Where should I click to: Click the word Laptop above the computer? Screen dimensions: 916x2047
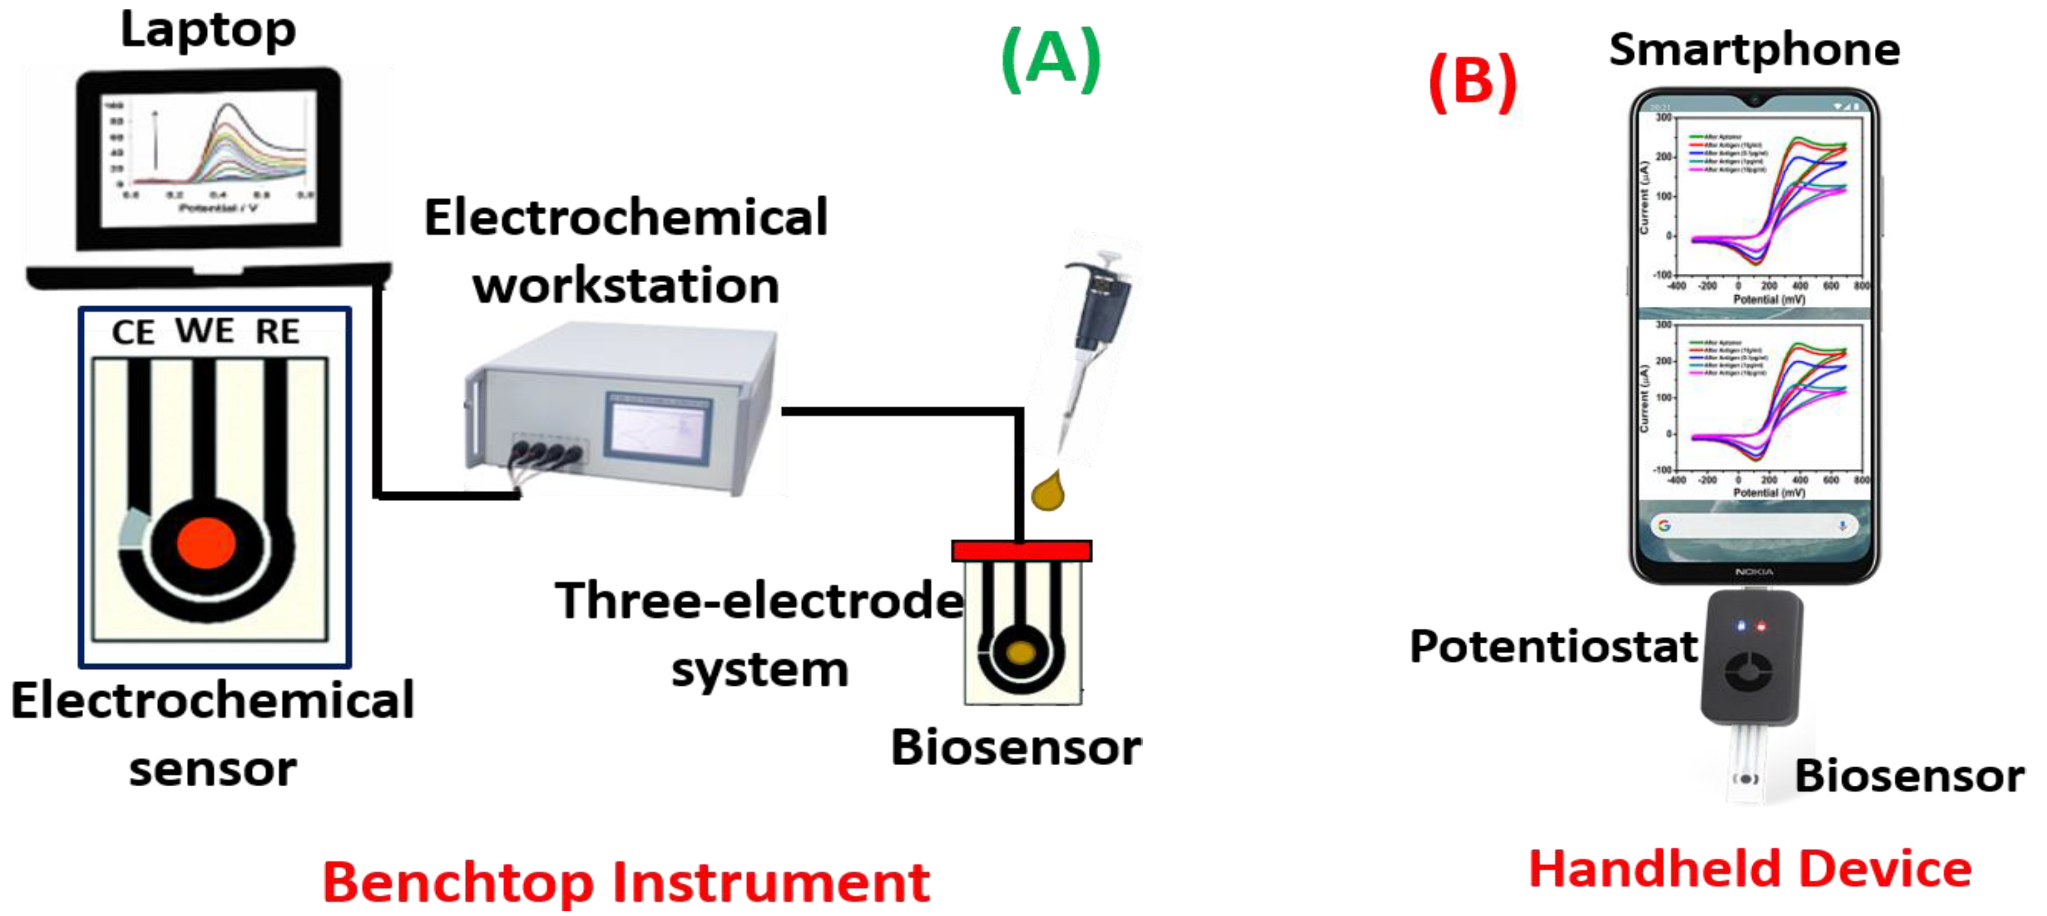[x=208, y=30]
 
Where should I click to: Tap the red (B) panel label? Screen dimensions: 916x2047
[x=1473, y=81]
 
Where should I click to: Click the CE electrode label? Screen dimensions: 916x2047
[x=132, y=332]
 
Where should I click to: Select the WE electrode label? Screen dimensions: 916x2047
[x=204, y=330]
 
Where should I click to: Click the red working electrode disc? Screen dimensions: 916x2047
[x=206, y=543]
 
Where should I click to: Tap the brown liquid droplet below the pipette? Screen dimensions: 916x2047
[x=1048, y=492]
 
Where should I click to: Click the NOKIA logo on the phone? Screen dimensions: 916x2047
[x=1754, y=571]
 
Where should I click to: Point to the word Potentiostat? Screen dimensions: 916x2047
[x=1553, y=646]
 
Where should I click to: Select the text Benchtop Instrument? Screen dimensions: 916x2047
[x=626, y=882]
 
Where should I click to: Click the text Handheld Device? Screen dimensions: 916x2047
[x=1750, y=869]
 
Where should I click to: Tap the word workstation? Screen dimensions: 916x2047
[x=626, y=286]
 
